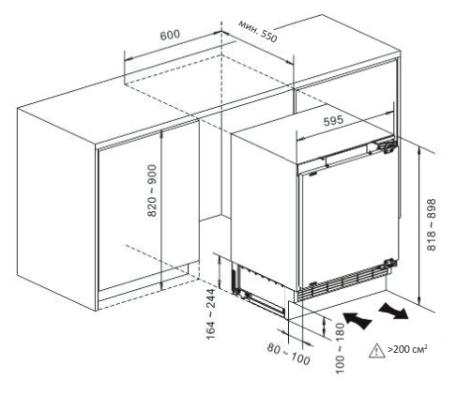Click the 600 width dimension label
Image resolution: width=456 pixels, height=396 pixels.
170,35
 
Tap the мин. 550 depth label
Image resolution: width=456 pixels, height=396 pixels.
258,31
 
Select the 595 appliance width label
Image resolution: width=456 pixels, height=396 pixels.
333,121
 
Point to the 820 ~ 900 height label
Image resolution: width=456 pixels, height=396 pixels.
152,190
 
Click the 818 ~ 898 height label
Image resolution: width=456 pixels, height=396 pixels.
432,224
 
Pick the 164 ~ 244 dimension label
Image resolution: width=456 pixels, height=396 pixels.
211,313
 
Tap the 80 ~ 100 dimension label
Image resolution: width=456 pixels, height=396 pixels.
288,354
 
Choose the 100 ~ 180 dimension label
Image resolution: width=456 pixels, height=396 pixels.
340,348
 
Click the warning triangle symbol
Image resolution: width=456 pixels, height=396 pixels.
377,350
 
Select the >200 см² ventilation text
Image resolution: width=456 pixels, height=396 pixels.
407,349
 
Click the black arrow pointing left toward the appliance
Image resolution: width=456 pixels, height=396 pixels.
357,320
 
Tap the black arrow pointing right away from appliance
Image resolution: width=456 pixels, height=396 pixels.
394,311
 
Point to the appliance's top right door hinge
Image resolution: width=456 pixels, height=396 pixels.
388,146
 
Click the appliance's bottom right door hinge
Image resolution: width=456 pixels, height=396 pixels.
389,263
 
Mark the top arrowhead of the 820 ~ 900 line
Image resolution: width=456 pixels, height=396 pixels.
161,132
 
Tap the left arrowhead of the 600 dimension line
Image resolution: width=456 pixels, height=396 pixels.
129,59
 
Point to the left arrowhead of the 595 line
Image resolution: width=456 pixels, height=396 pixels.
300,138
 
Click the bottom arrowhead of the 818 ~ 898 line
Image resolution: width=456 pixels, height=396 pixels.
419,301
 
